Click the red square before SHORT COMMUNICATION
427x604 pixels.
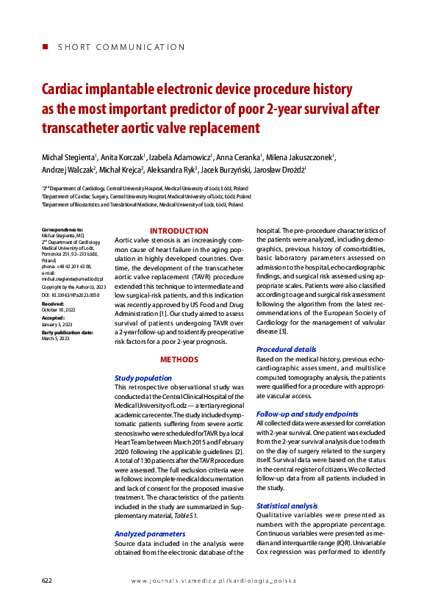pos(46,46)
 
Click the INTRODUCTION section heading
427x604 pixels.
pos(179,231)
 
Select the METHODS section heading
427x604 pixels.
pos(179,360)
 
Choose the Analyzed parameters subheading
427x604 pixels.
pos(150,533)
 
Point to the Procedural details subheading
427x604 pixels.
pos(286,349)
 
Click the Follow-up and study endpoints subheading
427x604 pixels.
pos(307,414)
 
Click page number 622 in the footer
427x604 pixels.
pos(47,580)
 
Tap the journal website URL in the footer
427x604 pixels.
pos(213,580)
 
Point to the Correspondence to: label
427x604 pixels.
pos(62,230)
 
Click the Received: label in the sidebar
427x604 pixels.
pos(53,303)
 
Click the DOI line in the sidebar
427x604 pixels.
pos(71,293)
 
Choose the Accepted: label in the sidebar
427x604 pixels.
pos(53,317)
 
